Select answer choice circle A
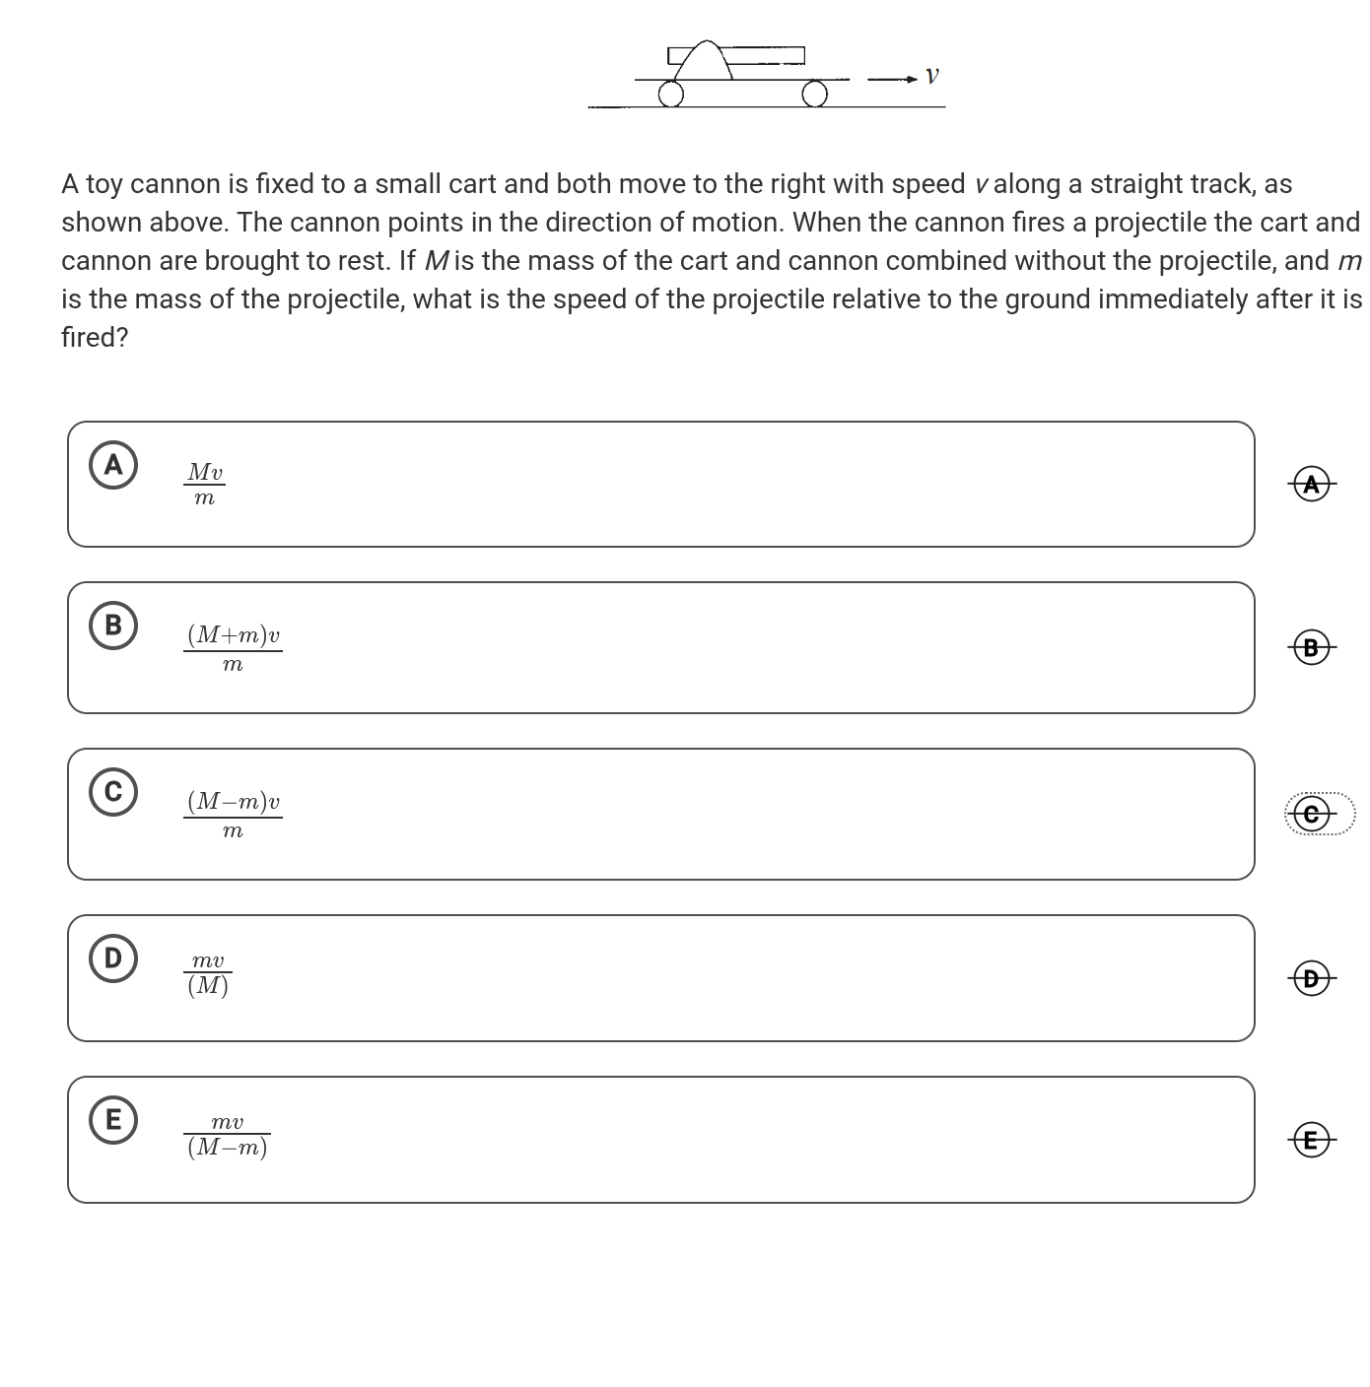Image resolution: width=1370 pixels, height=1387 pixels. [x=113, y=465]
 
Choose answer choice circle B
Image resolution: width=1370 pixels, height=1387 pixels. [x=113, y=626]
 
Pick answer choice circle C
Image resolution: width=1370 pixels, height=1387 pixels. [x=113, y=792]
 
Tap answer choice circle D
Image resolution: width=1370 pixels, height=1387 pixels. [x=113, y=958]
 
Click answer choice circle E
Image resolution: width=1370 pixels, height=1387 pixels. [x=113, y=1120]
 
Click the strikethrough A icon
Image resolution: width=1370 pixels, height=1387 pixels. [x=1311, y=484]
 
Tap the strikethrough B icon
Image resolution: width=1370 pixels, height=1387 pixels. [x=1311, y=647]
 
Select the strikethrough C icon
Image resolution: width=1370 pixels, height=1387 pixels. [x=1311, y=815]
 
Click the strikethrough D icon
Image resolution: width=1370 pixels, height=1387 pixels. [x=1311, y=978]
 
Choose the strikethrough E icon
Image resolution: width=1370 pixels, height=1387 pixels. [x=1311, y=1140]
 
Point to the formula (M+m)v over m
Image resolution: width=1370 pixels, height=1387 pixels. [x=233, y=648]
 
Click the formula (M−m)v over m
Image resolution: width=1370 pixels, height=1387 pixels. [x=233, y=815]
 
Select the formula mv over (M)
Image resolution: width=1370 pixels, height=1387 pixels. [x=208, y=973]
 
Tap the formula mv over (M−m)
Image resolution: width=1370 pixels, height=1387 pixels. [x=227, y=1136]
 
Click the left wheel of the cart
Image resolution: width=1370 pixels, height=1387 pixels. [x=671, y=94]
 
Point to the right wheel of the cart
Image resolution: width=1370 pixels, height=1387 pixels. [x=814, y=94]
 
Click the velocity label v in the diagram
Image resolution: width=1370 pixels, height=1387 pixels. [x=932, y=76]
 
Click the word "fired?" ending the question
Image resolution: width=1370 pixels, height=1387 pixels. [x=95, y=337]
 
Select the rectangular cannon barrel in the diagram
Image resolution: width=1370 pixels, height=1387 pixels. [x=767, y=55]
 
